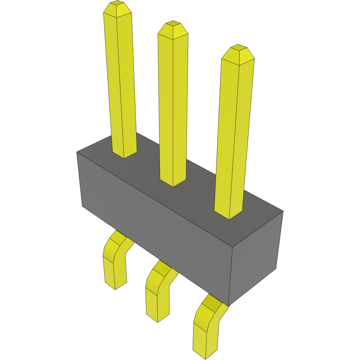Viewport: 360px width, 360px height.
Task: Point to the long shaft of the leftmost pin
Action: tap(121, 85)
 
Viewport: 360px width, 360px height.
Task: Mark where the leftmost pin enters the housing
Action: tap(124, 153)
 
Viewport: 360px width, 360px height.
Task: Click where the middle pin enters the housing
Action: tap(173, 181)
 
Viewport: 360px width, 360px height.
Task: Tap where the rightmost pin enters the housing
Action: tap(229, 214)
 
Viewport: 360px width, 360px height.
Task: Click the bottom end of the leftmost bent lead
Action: tap(115, 285)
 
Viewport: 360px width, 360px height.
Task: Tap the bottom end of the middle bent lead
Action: tap(158, 317)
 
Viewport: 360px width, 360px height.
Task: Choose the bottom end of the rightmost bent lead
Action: tap(205, 354)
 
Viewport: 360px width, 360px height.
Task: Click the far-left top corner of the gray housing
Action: tap(77, 152)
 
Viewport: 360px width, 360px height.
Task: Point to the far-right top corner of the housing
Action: tap(283, 211)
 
